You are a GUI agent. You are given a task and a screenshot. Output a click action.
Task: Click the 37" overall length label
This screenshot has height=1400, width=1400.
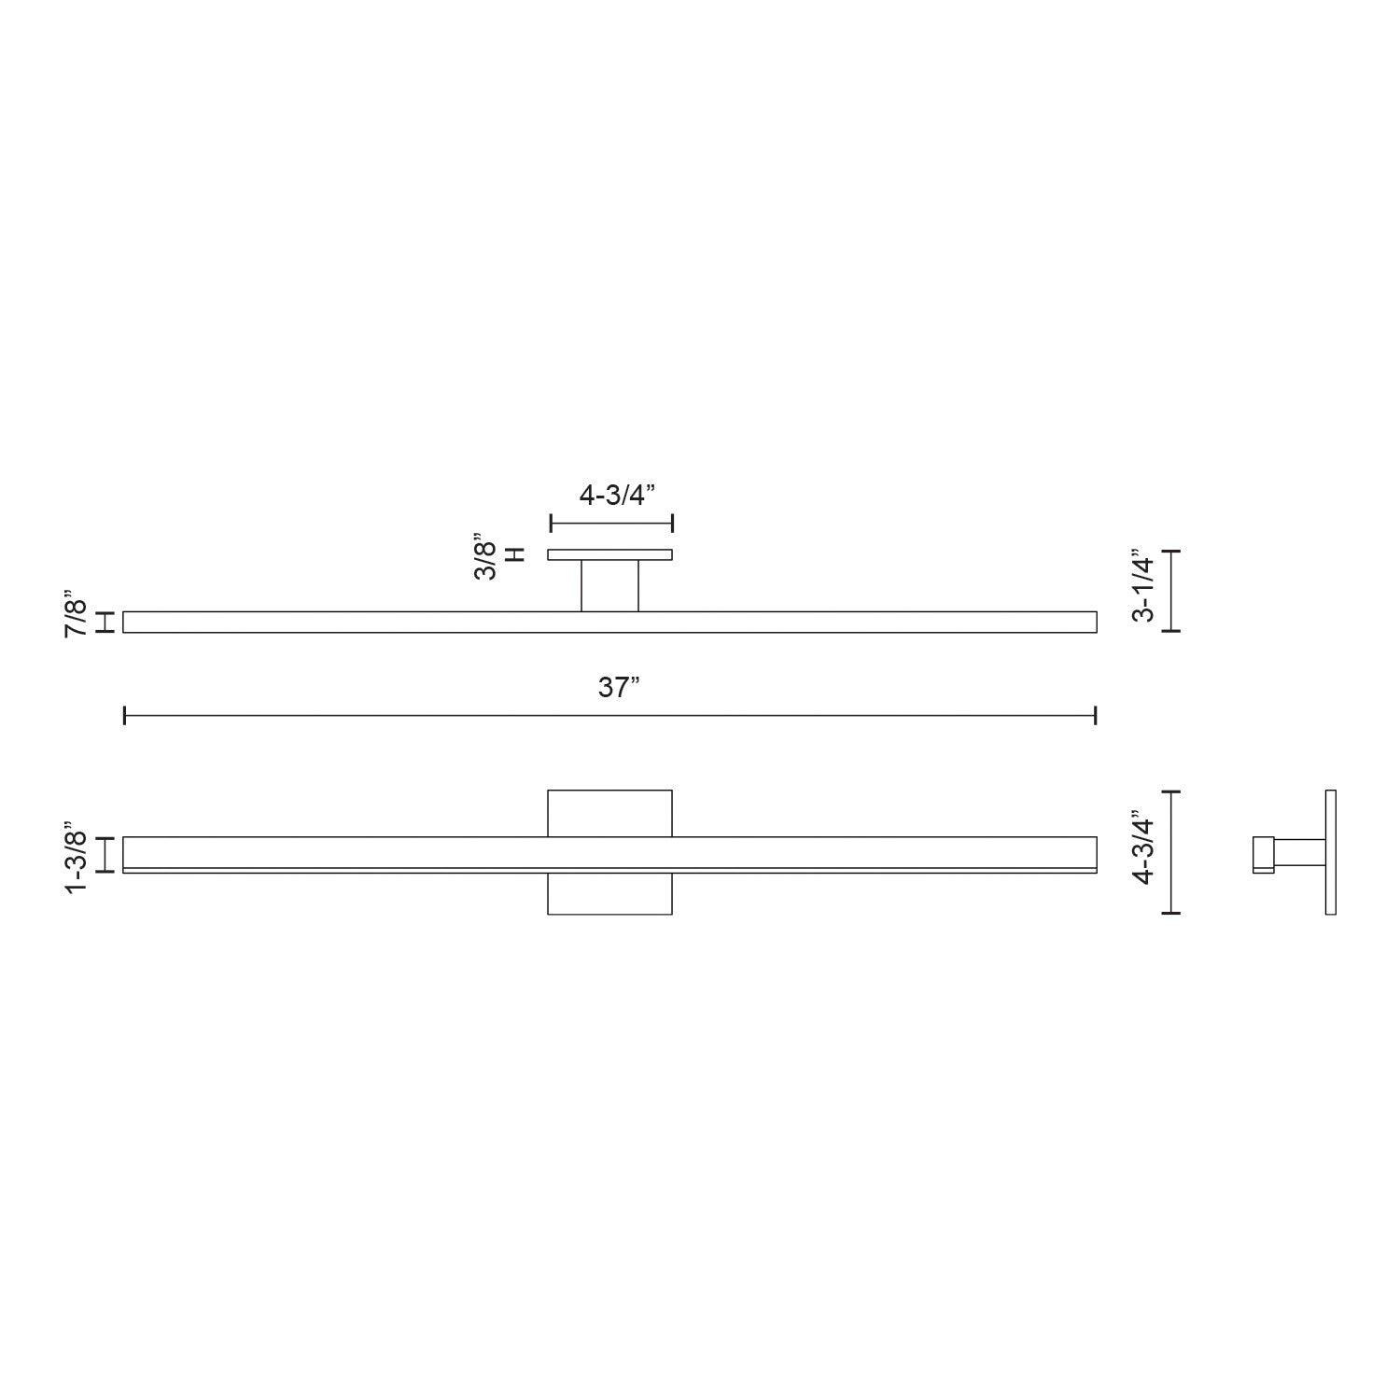(618, 689)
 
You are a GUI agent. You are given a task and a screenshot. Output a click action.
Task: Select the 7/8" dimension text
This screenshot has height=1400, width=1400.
(76, 613)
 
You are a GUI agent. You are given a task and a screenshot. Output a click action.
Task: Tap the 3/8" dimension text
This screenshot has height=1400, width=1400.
(485, 557)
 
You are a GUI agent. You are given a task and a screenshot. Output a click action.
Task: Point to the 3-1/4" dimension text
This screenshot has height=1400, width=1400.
(1143, 585)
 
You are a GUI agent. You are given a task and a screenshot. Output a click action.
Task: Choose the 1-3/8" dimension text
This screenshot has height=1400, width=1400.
(76, 857)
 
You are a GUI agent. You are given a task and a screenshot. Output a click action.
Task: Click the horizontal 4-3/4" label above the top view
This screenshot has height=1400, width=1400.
(611, 496)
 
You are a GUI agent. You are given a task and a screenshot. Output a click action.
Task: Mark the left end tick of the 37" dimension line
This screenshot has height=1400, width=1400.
(125, 716)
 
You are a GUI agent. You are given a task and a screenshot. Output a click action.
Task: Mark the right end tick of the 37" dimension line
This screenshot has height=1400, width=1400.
(1095, 716)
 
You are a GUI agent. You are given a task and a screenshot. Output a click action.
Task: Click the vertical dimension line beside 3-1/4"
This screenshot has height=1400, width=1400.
(1173, 591)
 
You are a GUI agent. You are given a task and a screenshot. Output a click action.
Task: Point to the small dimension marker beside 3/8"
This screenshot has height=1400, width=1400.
(514, 554)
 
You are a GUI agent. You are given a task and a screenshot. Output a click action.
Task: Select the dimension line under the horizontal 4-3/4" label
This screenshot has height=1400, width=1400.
(611, 524)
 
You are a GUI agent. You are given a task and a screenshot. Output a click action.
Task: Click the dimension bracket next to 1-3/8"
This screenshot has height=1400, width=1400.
(106, 854)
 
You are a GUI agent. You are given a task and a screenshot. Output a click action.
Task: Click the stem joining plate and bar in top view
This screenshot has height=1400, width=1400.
(609, 586)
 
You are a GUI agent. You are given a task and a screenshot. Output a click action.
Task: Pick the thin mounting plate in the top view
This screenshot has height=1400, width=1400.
(609, 554)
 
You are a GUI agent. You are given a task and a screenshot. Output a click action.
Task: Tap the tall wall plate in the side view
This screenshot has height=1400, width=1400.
(1330, 852)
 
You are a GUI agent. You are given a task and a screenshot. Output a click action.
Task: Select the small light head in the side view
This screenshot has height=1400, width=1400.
(1263, 854)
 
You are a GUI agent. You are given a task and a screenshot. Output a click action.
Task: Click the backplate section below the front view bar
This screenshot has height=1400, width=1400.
(609, 894)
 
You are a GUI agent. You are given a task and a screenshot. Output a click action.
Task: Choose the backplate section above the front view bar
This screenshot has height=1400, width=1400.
(609, 813)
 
